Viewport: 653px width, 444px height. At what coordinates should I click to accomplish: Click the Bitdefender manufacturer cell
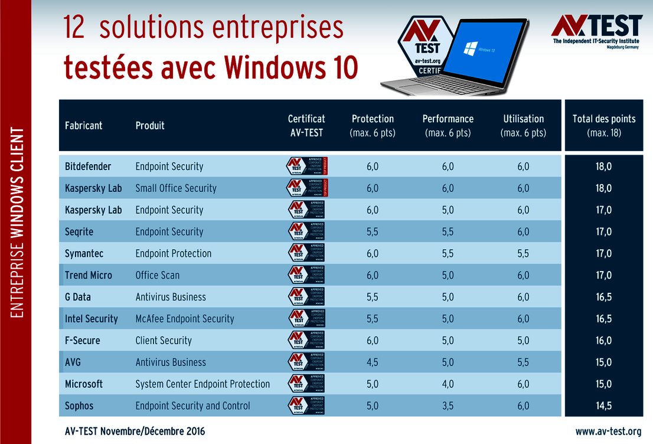click(88, 166)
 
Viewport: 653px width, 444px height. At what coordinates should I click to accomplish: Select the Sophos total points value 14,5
click(603, 406)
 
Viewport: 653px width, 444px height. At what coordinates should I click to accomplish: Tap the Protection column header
click(373, 125)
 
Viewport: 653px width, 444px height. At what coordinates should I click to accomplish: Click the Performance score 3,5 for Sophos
click(448, 406)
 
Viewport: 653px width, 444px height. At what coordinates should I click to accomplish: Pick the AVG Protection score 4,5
click(373, 363)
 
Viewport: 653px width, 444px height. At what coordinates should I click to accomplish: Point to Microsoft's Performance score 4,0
click(448, 384)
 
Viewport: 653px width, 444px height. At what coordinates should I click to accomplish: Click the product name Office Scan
click(158, 275)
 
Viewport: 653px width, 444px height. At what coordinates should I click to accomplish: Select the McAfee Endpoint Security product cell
click(185, 319)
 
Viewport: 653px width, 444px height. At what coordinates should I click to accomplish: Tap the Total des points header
click(603, 125)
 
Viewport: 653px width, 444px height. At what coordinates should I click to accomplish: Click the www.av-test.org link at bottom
click(608, 431)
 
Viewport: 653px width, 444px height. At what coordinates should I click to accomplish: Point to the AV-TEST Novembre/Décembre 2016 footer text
click(135, 431)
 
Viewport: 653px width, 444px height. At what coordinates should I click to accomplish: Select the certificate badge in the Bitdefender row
click(306, 166)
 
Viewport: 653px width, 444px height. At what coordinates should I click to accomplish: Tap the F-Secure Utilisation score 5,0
click(523, 341)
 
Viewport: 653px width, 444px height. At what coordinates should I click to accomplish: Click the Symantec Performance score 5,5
click(448, 253)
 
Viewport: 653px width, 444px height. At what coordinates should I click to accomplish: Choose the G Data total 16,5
click(603, 297)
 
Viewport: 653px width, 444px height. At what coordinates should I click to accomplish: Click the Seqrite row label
click(79, 232)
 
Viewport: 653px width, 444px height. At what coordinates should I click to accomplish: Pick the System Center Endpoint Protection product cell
click(203, 384)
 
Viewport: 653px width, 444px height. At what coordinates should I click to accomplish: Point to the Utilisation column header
click(523, 125)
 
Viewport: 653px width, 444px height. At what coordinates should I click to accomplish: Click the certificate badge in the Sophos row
click(306, 406)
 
